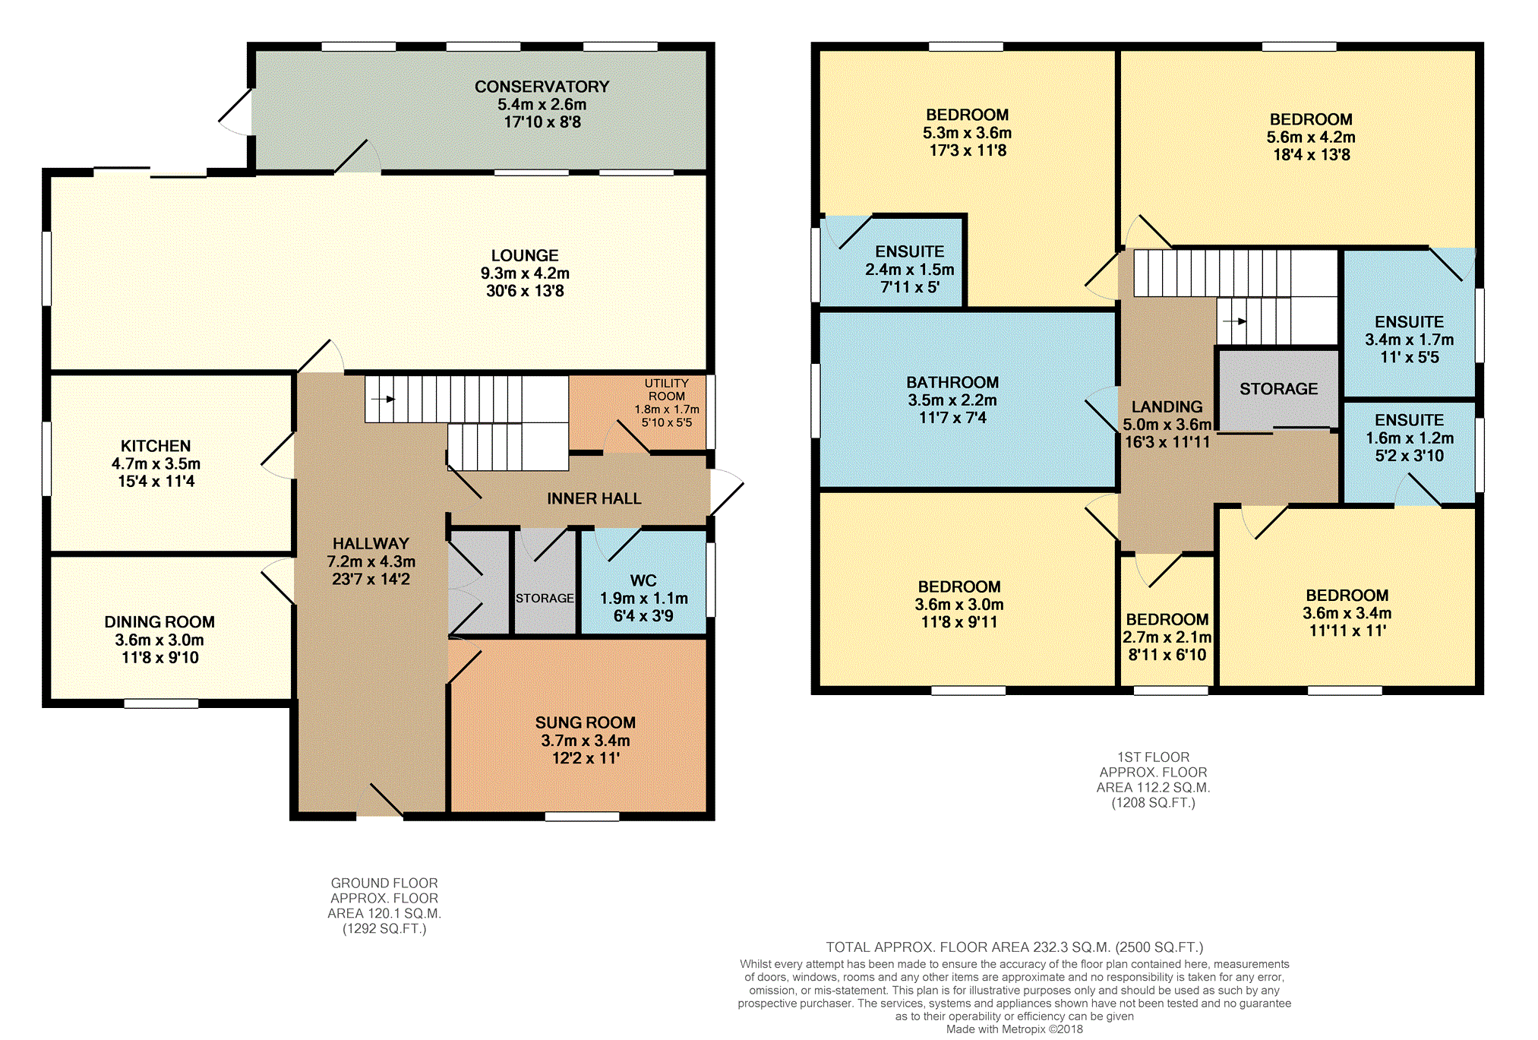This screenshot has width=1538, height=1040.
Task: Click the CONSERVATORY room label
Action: [542, 87]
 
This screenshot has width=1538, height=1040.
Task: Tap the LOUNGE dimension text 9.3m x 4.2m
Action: [525, 273]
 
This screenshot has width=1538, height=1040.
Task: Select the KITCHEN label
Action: [156, 446]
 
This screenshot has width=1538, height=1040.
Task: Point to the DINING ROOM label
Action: [159, 622]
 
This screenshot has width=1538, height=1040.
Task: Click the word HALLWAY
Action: [371, 544]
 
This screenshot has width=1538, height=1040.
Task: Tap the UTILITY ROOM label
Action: [667, 390]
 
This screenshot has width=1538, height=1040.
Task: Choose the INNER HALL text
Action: [594, 498]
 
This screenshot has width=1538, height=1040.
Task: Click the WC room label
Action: [643, 580]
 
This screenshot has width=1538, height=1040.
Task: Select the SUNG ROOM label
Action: [586, 722]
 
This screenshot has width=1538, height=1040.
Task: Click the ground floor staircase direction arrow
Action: [384, 399]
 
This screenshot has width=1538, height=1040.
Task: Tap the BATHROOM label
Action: [952, 382]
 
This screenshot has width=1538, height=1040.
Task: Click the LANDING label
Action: [1167, 407]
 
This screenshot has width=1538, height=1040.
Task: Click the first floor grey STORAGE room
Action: [1278, 389]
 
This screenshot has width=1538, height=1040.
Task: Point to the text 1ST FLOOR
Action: [1153, 757]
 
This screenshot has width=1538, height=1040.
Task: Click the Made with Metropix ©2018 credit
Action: [1015, 1029]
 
